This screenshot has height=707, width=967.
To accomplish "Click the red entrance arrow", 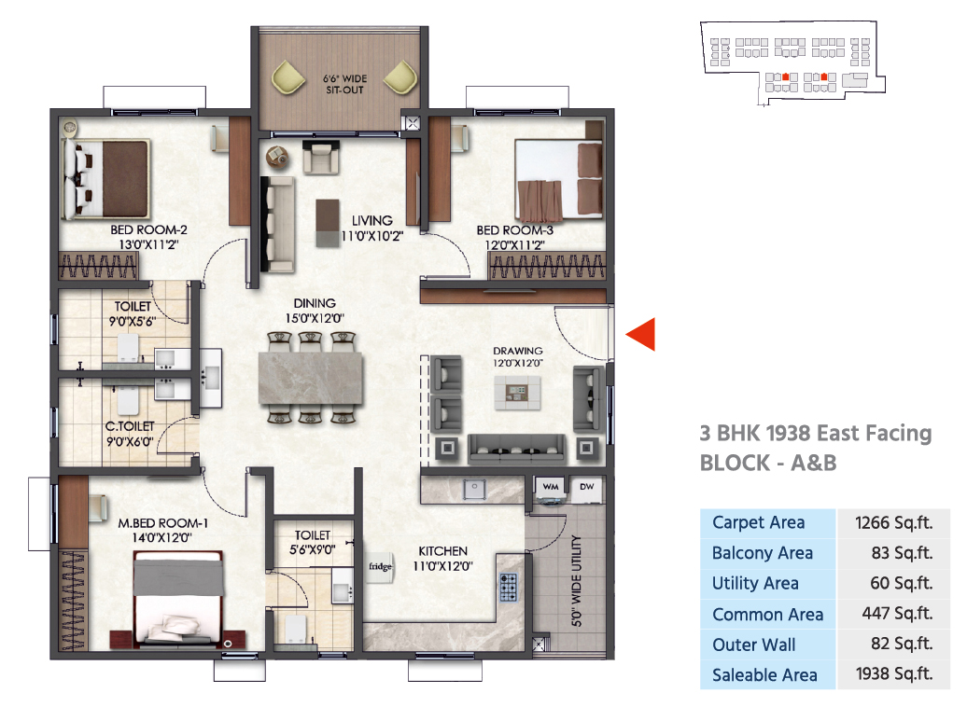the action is [x=640, y=335].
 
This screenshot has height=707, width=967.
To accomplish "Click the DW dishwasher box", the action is [x=586, y=487].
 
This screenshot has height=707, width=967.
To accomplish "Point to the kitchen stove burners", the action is [x=508, y=587].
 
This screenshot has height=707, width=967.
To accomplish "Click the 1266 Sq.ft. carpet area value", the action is [x=893, y=523].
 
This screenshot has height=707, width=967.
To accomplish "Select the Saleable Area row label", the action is [x=764, y=675].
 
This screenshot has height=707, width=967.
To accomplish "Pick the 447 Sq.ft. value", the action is [x=897, y=614].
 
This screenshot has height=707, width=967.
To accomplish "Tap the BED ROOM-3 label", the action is [x=515, y=230].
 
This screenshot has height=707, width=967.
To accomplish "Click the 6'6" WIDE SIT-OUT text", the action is [x=344, y=85].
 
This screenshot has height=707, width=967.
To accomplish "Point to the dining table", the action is [x=311, y=377].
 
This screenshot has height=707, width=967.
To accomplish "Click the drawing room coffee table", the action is [x=517, y=392].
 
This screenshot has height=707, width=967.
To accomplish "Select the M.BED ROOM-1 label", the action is [x=162, y=523].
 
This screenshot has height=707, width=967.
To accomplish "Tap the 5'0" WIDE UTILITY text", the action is [x=577, y=581].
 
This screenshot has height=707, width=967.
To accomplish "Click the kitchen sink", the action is [x=474, y=490].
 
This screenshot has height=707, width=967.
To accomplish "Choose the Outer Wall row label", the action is [x=753, y=645].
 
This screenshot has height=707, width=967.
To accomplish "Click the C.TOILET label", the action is [x=130, y=426].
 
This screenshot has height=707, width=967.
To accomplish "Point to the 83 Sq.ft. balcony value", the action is [x=902, y=553].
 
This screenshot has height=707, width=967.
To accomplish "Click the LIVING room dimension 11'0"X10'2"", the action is [x=372, y=236].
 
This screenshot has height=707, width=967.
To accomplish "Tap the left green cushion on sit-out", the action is [x=288, y=77].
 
